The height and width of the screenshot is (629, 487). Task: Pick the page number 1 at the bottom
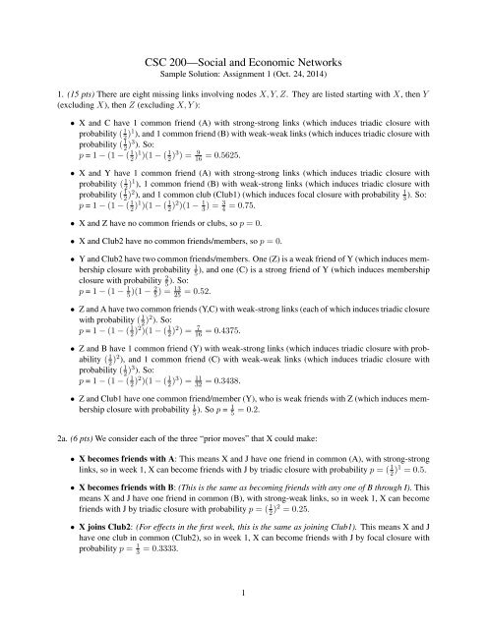pos(243,614)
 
